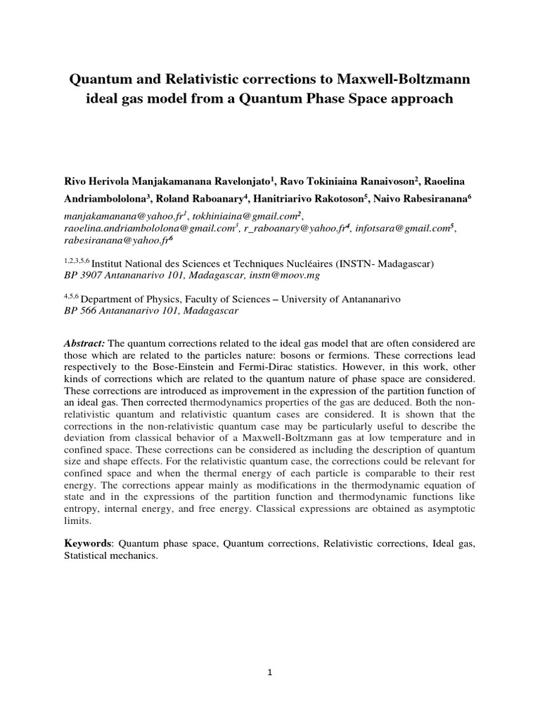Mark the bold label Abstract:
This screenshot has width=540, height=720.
84,342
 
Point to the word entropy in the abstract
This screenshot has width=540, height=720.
82,510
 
